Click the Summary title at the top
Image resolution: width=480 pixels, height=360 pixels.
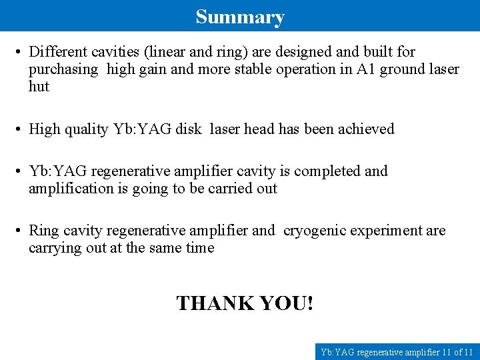pyautogui.click(x=240, y=17)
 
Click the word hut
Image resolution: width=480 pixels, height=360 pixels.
pyautogui.click(x=39, y=87)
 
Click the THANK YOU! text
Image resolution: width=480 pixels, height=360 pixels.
pyautogui.click(x=245, y=303)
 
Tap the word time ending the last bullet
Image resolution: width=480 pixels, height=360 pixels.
pyautogui.click(x=200, y=248)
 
